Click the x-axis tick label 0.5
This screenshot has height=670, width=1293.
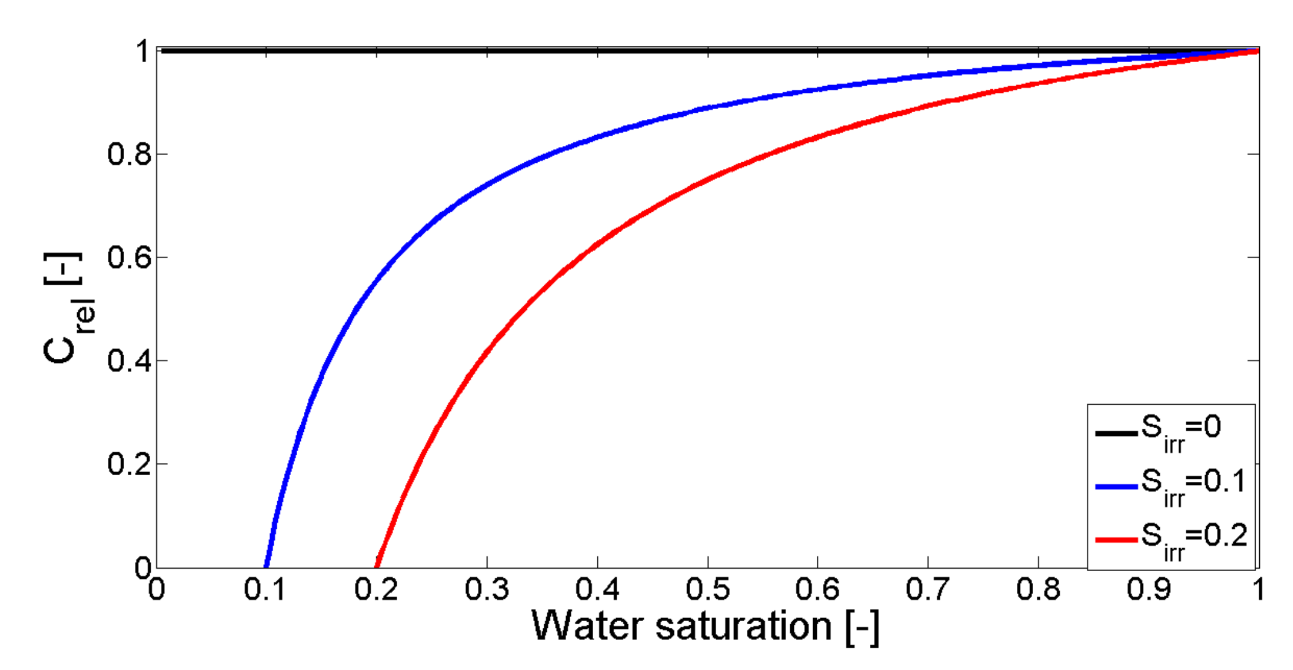[x=708, y=589]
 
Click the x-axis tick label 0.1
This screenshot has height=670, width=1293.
[x=266, y=589]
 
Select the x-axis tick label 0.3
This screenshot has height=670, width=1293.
[x=486, y=589]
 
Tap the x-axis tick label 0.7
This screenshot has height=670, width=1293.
[x=928, y=589]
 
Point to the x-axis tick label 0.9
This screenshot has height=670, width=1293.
[x=1148, y=589]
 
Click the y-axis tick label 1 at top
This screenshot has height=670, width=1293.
[x=142, y=51]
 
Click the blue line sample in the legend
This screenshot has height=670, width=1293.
[x=1116, y=486]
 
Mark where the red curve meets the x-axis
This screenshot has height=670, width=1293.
[x=377, y=566]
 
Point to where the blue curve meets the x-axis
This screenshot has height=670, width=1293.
[x=266, y=566]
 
